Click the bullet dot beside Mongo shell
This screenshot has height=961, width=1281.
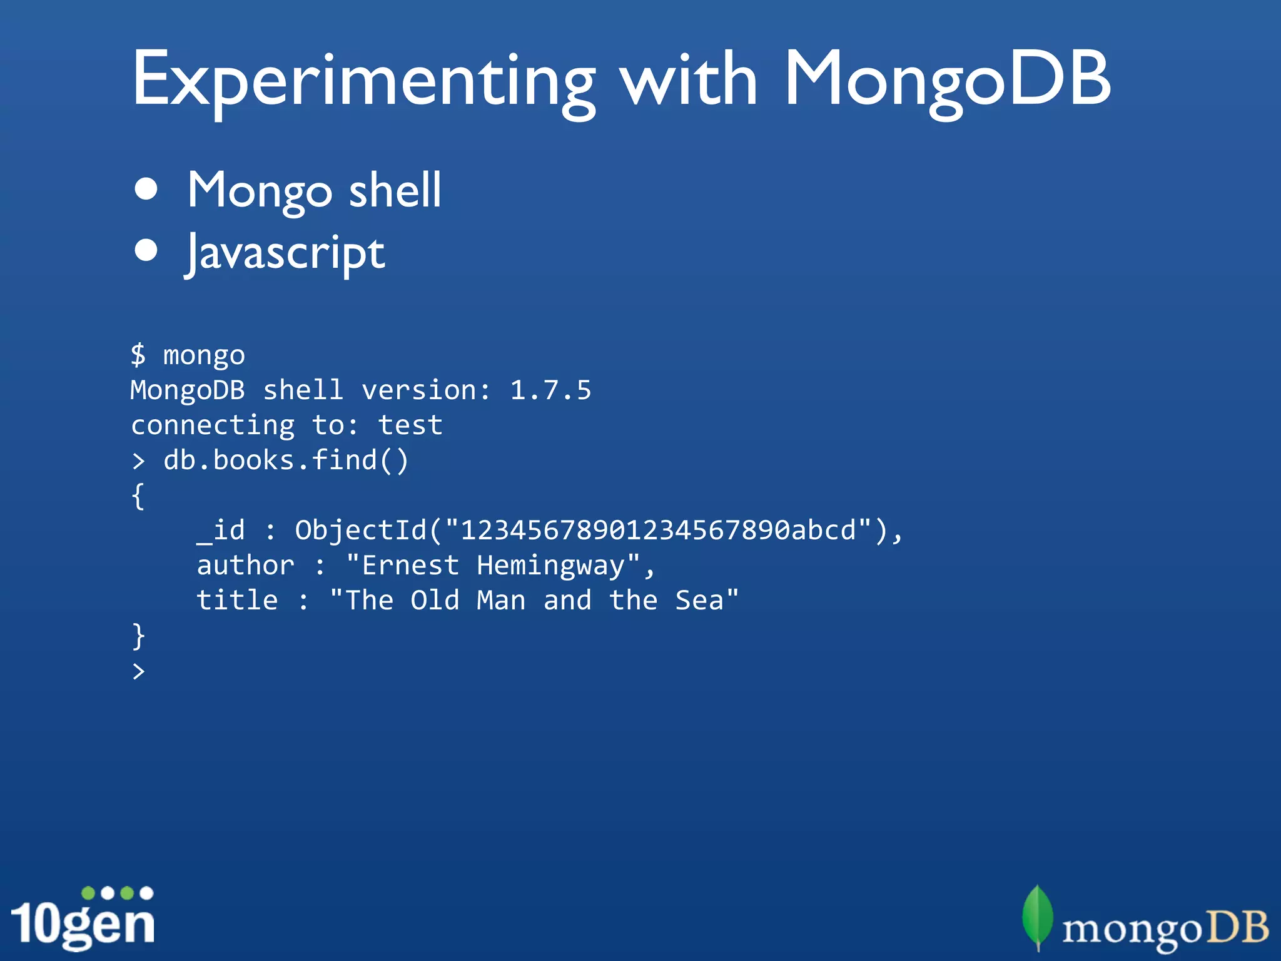(146, 189)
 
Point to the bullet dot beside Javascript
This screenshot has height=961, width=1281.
(146, 250)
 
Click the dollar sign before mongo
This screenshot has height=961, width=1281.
(138, 355)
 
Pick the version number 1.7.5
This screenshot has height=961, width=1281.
(550, 390)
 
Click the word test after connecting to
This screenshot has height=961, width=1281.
(410, 425)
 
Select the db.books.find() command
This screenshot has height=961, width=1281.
(286, 460)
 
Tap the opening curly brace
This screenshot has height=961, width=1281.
(138, 496)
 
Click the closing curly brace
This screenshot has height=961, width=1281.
(138, 636)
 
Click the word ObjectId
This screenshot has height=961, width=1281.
(361, 531)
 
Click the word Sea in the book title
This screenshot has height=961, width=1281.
(699, 601)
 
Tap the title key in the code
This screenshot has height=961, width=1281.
(237, 601)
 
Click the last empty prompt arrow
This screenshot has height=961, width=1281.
(138, 671)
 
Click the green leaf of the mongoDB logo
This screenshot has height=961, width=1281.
(1037, 917)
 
